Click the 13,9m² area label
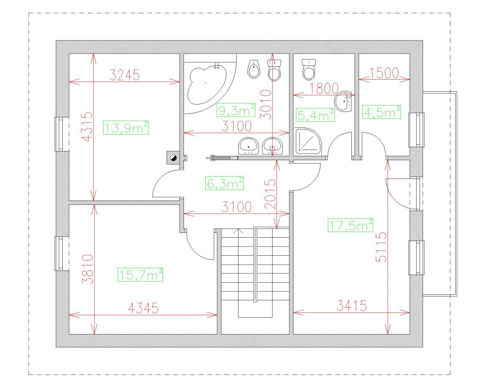[126, 127]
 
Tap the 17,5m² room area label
[351, 226]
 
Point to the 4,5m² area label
[382, 112]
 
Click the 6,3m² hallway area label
[225, 183]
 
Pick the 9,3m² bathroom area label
[236, 109]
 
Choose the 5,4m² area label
[316, 115]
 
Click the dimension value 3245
[124, 75]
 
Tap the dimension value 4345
[143, 308]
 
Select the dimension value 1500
[384, 73]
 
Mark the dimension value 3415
[351, 306]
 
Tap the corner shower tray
[308, 142]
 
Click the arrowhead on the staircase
[239, 231]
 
